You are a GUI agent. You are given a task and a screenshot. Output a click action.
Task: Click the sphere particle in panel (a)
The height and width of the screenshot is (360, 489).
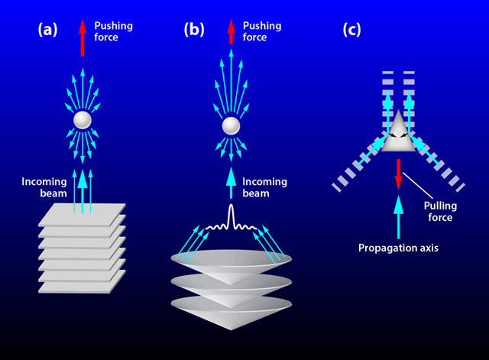click(83, 120)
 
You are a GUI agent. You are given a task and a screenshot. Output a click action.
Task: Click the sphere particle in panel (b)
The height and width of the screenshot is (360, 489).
click(231, 126)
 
